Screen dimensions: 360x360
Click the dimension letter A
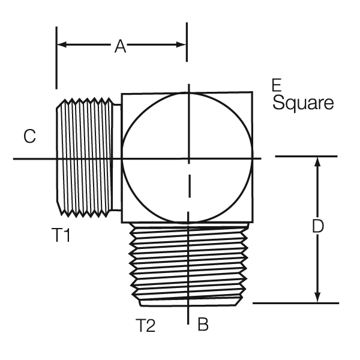[121, 46]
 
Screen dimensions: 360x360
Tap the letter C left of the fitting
[29, 136]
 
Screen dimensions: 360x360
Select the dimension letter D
[318, 226]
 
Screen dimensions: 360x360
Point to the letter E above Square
[277, 85]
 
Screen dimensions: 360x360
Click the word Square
[303, 103]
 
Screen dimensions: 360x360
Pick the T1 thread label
[61, 235]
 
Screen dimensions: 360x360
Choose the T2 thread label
[145, 325]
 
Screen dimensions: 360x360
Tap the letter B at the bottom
[203, 324]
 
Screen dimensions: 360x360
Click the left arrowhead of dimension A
[62, 44]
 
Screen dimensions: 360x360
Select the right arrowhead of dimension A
[181, 44]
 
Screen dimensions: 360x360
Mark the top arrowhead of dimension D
[317, 161]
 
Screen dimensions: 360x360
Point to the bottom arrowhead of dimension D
[317, 298]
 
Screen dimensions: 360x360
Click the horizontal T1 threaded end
[85, 157]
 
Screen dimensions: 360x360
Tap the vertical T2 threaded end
[188, 264]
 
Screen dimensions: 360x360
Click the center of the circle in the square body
[187, 158]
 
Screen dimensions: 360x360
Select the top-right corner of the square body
[253, 92]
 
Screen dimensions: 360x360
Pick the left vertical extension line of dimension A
[56, 58]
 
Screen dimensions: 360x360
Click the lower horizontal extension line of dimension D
[296, 303]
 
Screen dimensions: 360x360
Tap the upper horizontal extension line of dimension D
[306, 157]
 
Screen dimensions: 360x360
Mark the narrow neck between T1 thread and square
[117, 157]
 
